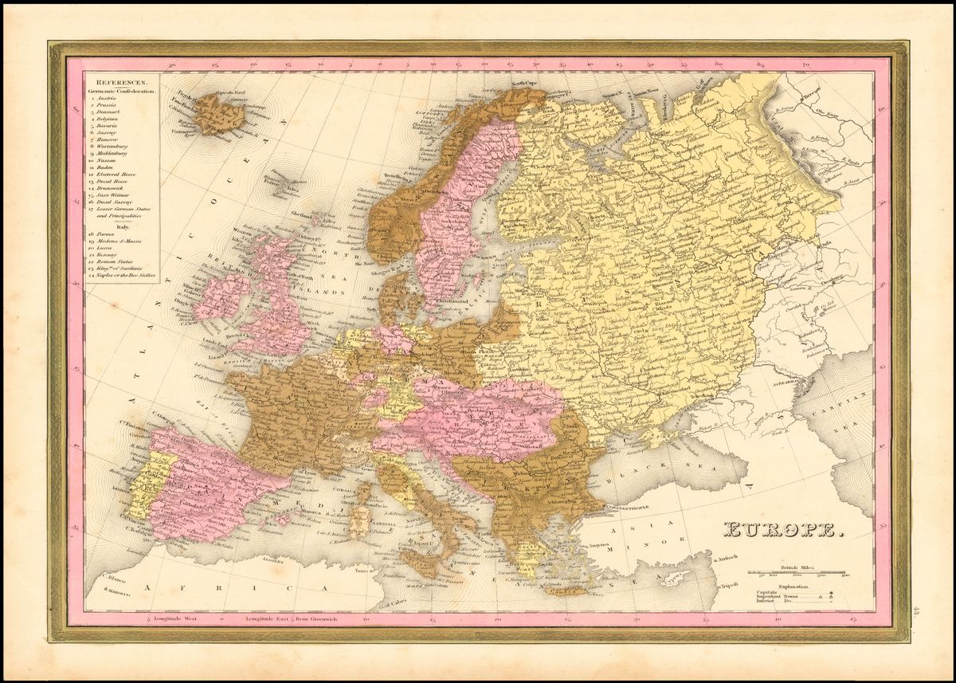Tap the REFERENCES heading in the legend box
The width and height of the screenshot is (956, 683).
coord(120,82)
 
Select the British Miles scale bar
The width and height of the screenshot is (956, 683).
coord(797,571)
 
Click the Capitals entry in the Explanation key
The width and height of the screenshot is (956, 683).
coord(770,593)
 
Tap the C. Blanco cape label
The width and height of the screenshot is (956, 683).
coord(116,581)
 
